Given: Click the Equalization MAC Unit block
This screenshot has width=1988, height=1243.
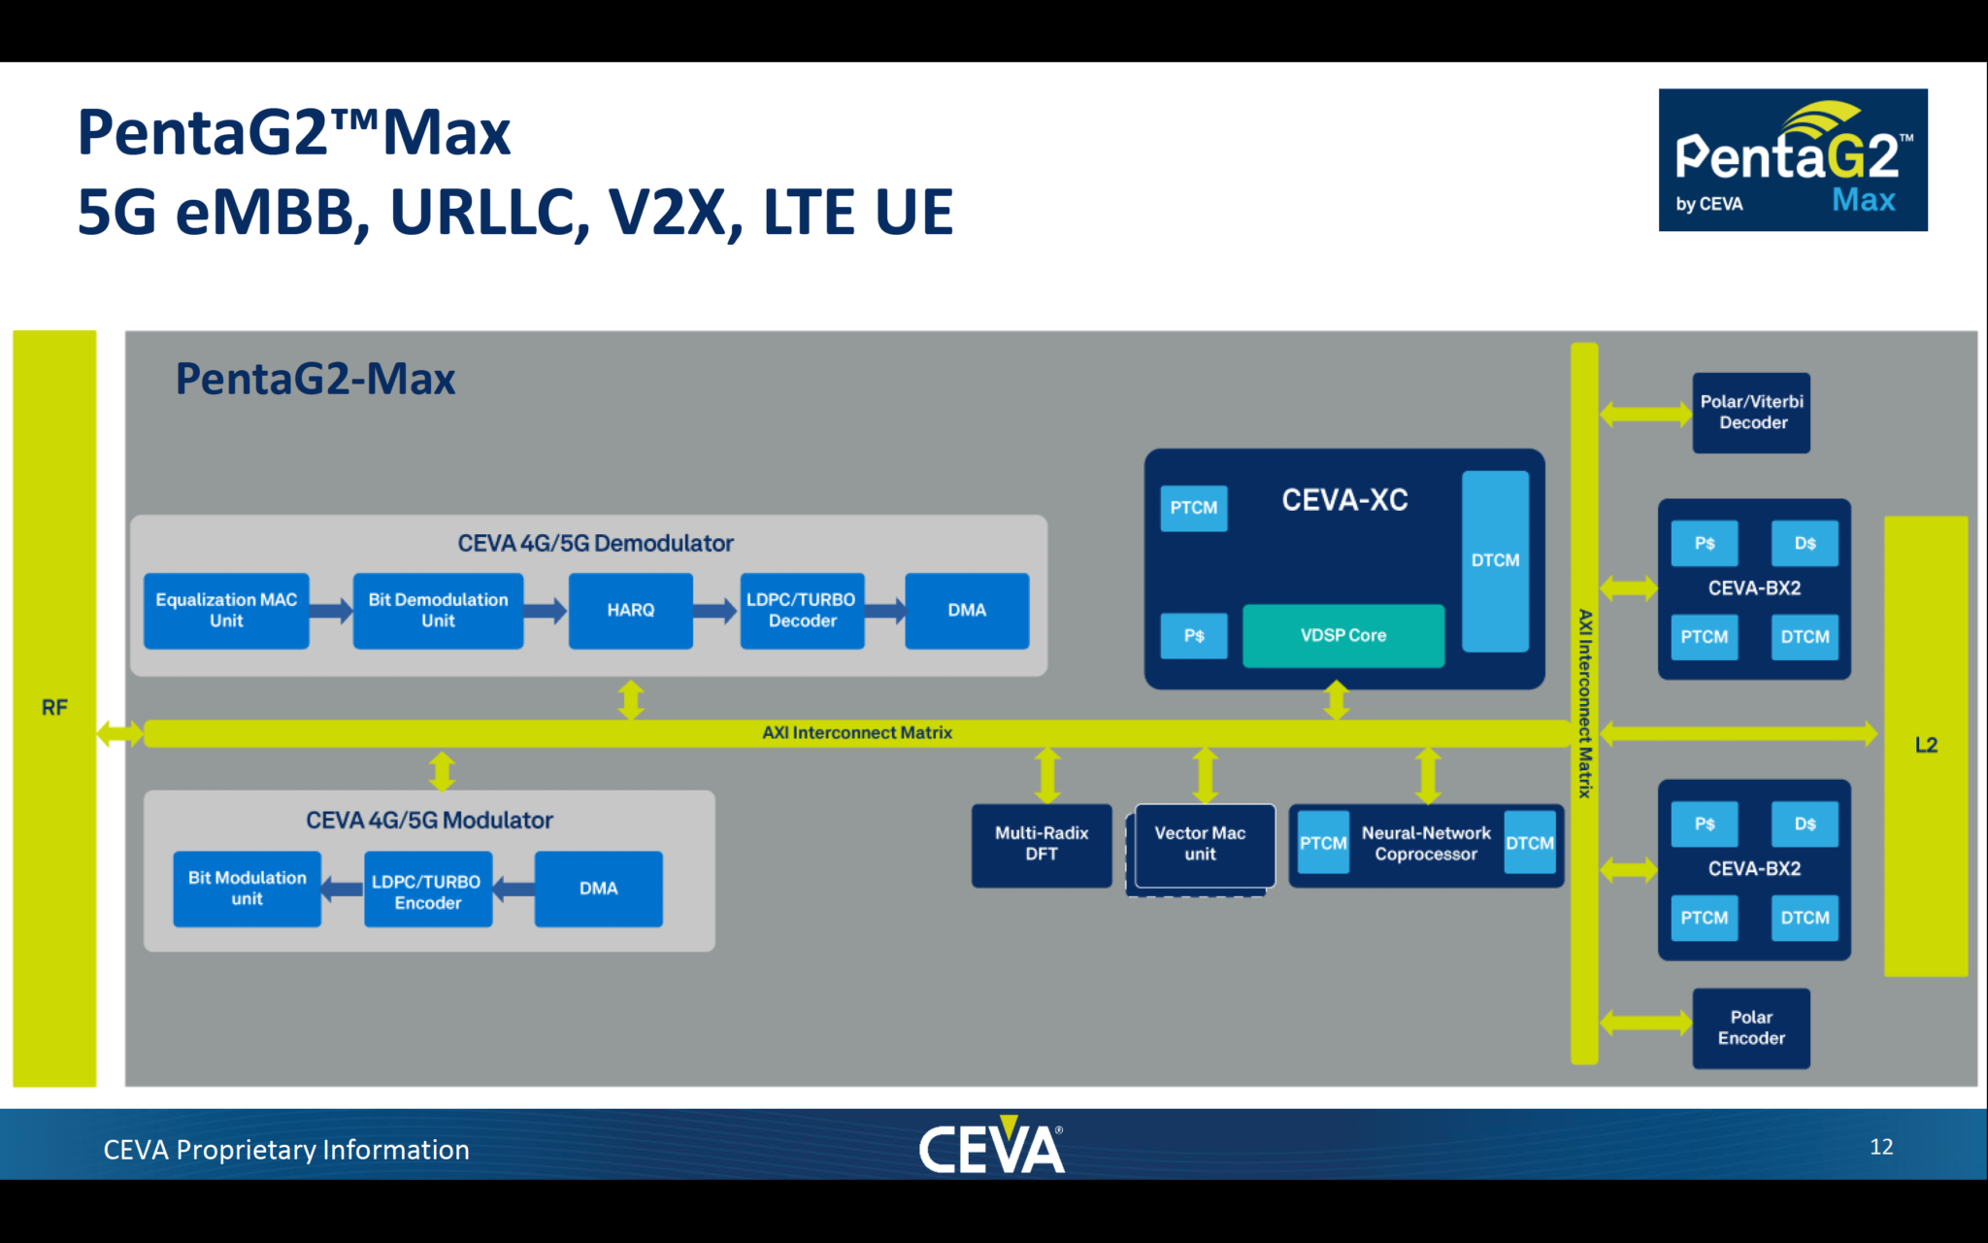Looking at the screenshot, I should pos(226,611).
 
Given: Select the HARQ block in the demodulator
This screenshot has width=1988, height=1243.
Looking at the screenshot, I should pos(630,611).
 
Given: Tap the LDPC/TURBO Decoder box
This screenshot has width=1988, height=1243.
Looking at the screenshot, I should pos(802,611).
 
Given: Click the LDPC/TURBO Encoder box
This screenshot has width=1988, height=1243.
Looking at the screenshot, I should pos(427,890).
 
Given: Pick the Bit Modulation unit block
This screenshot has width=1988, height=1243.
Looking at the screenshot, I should pos(247,889).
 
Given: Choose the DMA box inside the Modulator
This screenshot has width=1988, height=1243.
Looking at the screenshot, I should pos(598,889).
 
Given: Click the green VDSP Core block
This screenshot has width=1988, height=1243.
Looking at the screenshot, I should pos(1343,636).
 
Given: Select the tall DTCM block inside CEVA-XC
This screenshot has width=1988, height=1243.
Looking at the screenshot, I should pos(1495,561).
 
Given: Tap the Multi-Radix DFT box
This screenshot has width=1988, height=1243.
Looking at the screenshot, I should pos(1041,844).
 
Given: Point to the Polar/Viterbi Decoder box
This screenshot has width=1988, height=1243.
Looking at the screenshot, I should pos(1751,413).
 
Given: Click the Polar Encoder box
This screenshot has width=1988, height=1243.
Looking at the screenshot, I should pos(1751,1028).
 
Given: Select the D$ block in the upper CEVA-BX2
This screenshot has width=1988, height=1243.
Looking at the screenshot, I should pos(1805,544).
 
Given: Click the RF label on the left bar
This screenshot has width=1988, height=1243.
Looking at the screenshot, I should pos(54,708).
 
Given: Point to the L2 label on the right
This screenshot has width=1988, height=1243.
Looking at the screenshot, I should pos(1926,746).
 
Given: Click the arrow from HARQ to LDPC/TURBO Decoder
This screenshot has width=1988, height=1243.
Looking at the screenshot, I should pos(715,611).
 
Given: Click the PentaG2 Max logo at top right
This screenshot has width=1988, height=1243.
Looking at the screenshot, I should pos(1792,160).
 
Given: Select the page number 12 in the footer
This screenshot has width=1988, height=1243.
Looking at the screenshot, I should pos(1880,1147).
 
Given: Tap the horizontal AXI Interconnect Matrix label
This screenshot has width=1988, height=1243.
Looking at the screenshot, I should pos(856,733).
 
